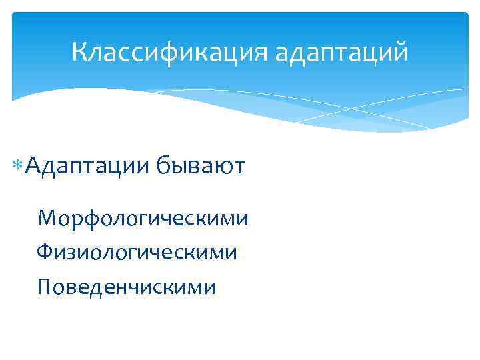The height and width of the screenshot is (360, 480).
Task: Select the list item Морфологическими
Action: point(143,218)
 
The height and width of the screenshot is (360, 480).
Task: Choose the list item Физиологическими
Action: point(137,252)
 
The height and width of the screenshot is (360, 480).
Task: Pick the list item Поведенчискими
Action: point(127,287)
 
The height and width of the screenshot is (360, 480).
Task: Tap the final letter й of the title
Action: point(399,52)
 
